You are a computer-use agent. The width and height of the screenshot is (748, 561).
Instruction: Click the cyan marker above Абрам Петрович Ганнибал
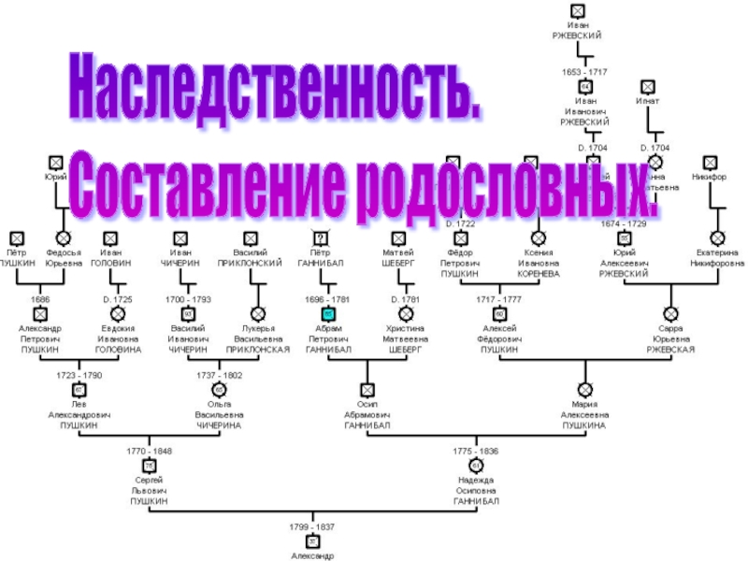coord(328,314)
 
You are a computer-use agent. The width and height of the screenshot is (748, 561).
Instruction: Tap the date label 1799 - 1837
coord(312,526)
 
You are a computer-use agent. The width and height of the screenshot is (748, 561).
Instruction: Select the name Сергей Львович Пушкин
coord(149,491)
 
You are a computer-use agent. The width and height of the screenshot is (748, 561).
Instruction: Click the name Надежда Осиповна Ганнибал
coord(476,491)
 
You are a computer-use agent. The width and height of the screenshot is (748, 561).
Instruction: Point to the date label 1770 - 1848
coord(150,451)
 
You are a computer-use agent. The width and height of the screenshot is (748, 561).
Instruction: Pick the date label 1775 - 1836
coord(476,451)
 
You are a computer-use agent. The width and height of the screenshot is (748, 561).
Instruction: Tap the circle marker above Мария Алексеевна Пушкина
coord(585,389)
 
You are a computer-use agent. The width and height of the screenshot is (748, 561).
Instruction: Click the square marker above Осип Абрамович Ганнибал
coord(367,389)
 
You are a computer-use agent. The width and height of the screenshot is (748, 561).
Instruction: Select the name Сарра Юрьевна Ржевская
coord(670,338)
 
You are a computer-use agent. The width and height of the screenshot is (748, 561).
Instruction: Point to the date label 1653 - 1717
coord(584,71)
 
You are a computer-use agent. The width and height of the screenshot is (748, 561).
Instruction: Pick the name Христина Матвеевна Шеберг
coord(405,338)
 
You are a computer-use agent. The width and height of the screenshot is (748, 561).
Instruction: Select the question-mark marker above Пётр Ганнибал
coord(321,238)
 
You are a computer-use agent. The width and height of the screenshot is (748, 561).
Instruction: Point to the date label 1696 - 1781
coord(326,298)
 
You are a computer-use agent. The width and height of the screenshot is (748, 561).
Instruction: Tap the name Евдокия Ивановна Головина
coord(119,338)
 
